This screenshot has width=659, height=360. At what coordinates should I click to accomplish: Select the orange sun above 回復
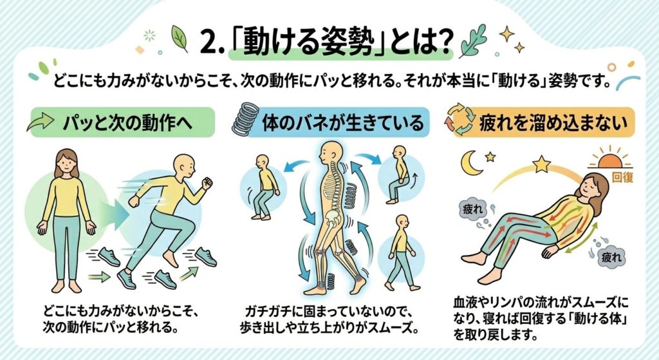pos(610,160)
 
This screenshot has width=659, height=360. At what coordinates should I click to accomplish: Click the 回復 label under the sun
pos(622,177)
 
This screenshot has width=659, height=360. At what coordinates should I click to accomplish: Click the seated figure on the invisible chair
pos(398,175)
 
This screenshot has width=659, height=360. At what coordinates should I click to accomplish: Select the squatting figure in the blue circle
pos(265,187)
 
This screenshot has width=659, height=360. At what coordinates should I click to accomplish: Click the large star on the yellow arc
pos(541,164)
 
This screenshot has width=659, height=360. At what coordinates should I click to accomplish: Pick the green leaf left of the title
pos(180,38)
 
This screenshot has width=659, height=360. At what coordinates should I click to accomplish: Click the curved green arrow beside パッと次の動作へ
pos(41,122)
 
